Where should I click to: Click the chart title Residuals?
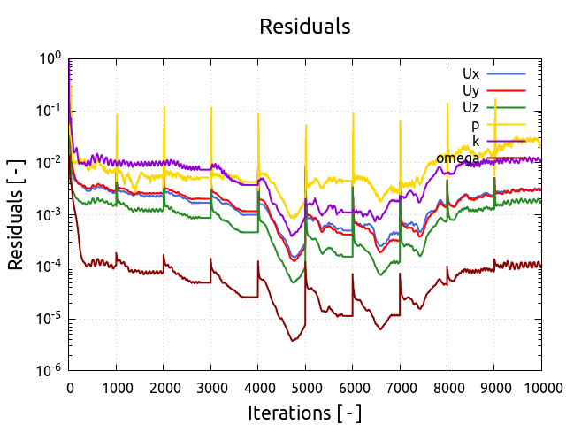coord(304,27)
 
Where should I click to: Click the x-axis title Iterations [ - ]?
coord(304,413)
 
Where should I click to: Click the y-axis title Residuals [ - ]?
coord(16,215)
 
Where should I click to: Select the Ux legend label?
coord(470,73)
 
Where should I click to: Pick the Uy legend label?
coord(470,89)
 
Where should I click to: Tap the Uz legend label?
coord(470,107)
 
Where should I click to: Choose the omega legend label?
coord(457,158)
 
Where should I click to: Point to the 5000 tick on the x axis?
coord(305,386)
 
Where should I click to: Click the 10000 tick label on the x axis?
coord(541,386)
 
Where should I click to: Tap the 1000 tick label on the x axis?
coord(116,386)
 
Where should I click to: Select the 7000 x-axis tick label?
coord(400,386)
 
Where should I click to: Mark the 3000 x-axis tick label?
coord(210,386)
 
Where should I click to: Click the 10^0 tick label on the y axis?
coord(50,58)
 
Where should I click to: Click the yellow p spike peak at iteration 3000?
coord(210,107)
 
